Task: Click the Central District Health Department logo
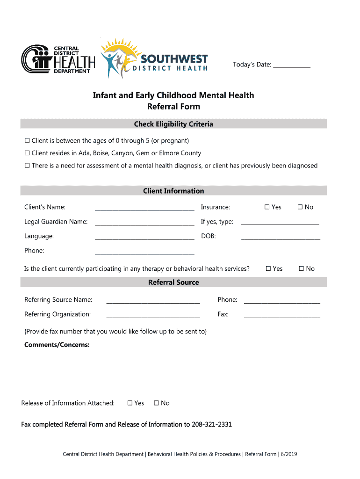point(58,60)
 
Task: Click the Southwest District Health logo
point(154,59)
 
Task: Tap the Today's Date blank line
point(292,65)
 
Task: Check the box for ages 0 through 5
point(27,141)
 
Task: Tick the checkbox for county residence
point(27,153)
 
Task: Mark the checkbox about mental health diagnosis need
point(27,166)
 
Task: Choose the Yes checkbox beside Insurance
point(267,207)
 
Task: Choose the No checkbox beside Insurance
point(300,207)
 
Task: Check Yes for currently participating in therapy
point(268,269)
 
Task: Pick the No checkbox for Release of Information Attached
point(157,403)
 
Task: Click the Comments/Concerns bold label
point(57,345)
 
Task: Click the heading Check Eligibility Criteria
point(173,124)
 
